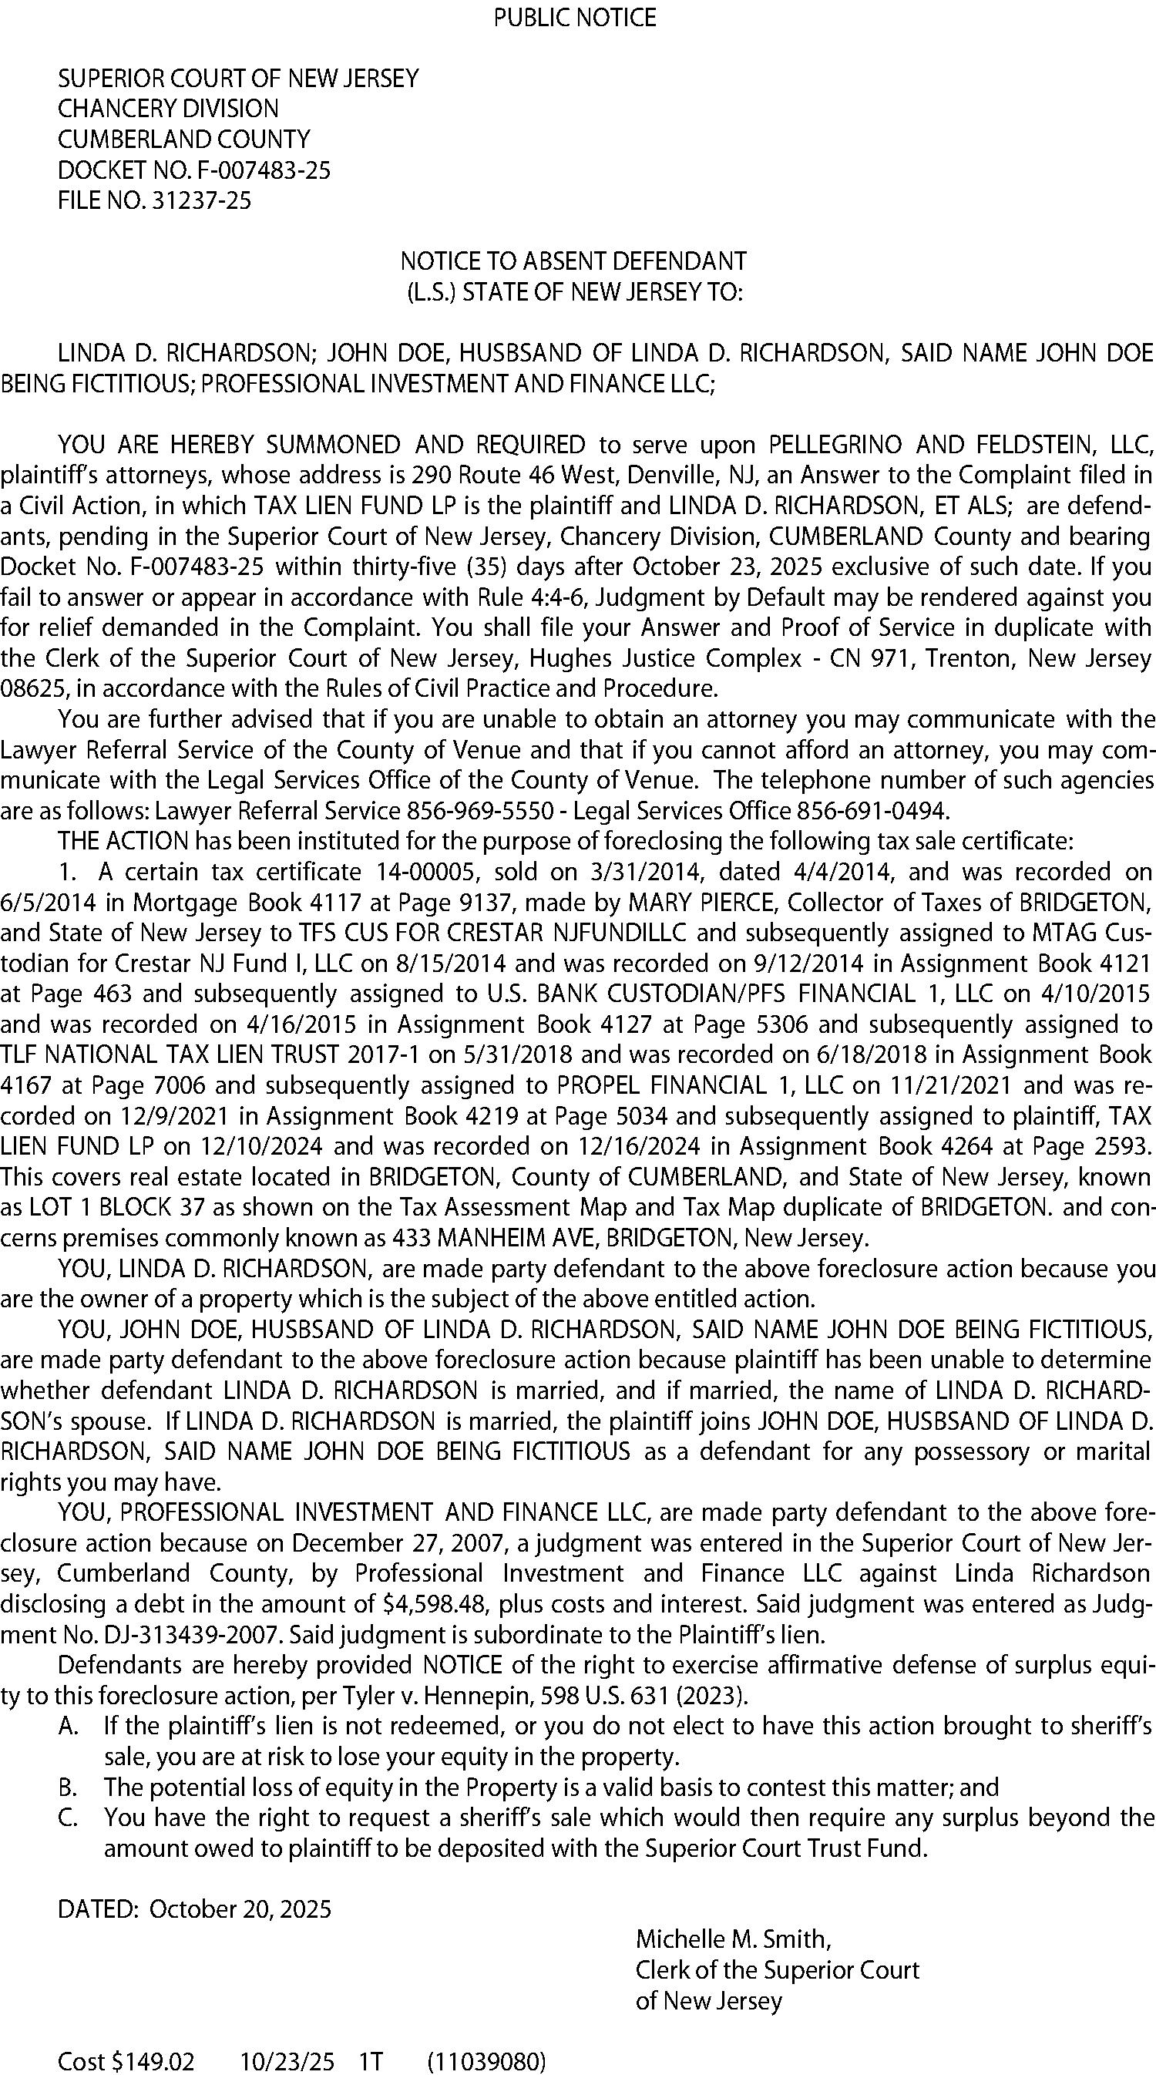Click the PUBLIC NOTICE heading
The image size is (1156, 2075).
pos(574,18)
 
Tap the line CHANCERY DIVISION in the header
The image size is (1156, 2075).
pos(167,109)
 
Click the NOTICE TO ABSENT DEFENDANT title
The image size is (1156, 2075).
pos(573,261)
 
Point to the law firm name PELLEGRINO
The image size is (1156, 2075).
pos(835,445)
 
